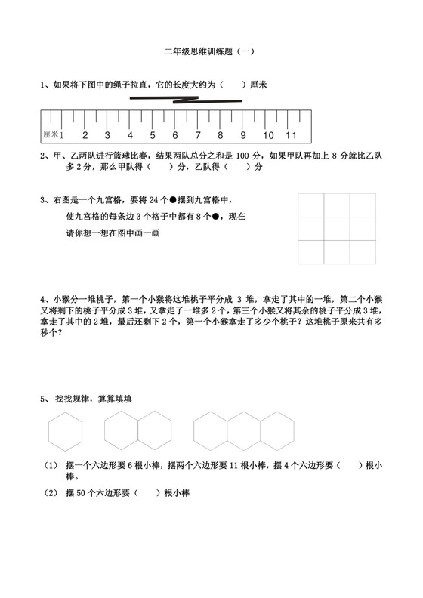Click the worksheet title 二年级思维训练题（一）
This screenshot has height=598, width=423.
click(x=210, y=52)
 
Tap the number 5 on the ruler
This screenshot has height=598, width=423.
click(x=152, y=136)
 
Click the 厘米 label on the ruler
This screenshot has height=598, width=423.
click(x=51, y=135)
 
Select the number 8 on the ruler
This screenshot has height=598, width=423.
click(x=221, y=136)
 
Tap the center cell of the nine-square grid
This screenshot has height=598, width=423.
click(x=337, y=229)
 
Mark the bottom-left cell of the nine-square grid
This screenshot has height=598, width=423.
click(x=310, y=252)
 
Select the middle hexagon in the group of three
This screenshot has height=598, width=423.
click(x=243, y=431)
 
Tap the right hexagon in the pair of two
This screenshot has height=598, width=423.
click(x=153, y=431)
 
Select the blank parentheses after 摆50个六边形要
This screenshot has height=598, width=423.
click(x=147, y=493)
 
